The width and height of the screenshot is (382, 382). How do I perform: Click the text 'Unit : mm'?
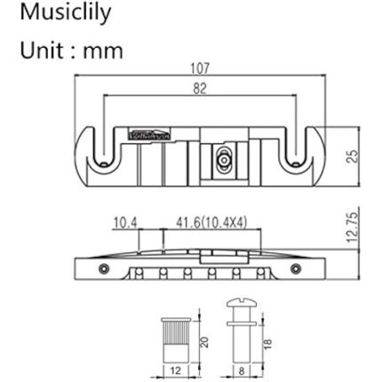coord(71,50)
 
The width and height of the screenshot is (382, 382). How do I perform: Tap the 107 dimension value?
coord(200,68)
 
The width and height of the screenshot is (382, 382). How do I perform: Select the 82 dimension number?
coord(200,88)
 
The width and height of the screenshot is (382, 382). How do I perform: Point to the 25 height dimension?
coord(352,155)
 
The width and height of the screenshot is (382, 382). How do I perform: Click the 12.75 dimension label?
coord(352,229)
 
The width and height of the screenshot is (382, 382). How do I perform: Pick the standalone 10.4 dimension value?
coord(125,222)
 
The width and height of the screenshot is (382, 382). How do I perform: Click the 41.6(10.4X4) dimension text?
coord(211,222)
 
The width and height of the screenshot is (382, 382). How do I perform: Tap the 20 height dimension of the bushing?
coord(203,342)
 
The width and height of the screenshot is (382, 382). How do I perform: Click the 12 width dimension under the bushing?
coord(175,369)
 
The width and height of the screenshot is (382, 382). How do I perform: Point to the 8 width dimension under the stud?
coord(238,369)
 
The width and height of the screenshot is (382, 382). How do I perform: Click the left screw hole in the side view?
coord(104,267)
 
